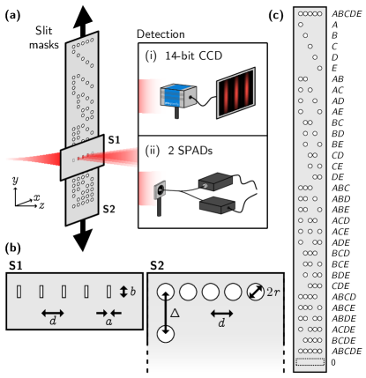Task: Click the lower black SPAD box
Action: pos(216,207)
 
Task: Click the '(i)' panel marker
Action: pos(152,56)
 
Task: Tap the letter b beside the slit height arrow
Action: pos(133,291)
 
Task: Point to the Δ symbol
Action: pos(176,312)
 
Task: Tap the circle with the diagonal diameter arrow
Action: pos(255,293)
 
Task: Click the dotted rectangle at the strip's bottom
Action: pos(310,361)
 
